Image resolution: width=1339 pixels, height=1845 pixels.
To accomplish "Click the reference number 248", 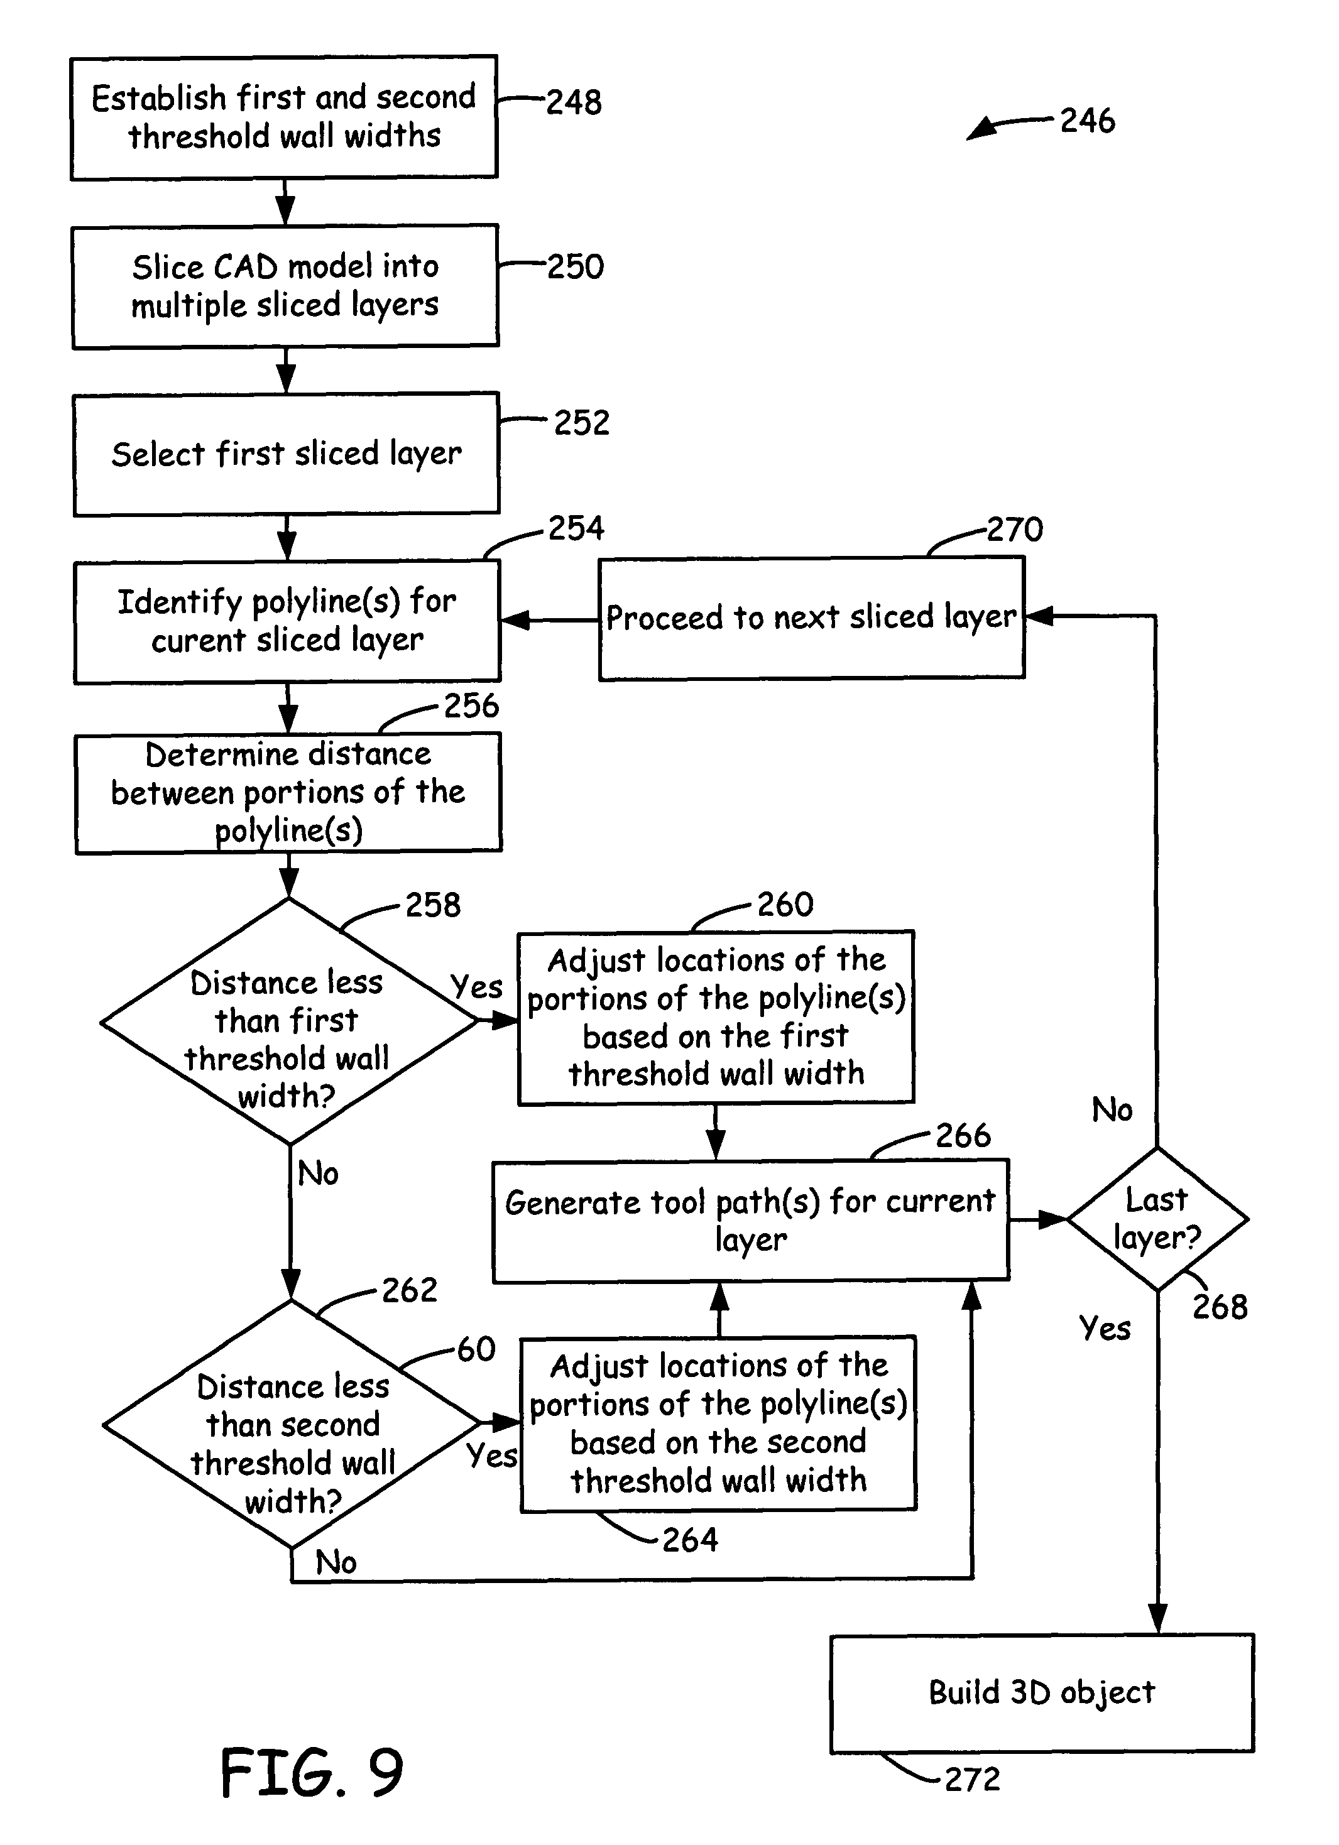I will tap(574, 102).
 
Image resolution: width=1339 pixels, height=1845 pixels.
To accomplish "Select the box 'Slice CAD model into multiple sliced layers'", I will tap(285, 286).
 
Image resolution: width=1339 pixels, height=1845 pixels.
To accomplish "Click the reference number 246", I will tap(1087, 121).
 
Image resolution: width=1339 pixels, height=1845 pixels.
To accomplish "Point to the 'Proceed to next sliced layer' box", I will tap(811, 618).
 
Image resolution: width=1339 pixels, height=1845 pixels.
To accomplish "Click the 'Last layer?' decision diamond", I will tap(1157, 1219).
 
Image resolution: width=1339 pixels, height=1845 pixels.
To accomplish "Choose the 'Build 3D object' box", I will tap(1041, 1693).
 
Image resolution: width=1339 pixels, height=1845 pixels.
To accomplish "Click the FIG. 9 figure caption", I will tap(312, 1773).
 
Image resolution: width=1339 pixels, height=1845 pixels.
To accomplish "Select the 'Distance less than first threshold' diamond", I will tap(288, 1021).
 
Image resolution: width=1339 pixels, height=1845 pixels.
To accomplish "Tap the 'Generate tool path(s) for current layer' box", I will tap(750, 1220).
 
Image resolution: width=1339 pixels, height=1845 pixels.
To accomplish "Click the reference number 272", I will tap(972, 1779).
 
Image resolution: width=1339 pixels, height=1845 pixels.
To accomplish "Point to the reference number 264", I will tap(690, 1540).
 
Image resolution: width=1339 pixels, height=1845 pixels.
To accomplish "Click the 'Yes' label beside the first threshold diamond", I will tap(477, 987).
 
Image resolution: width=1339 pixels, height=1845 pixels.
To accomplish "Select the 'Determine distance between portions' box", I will tap(288, 792).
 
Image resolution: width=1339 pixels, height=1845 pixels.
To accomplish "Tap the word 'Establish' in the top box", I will tap(158, 99).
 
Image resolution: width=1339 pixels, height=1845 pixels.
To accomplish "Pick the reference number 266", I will tap(963, 1136).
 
